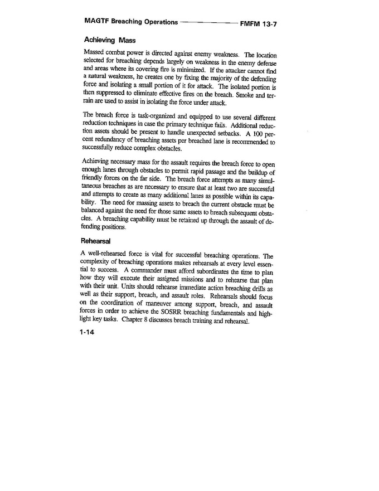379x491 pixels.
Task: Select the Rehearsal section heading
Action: (98, 242)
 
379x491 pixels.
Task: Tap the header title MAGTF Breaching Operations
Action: (131, 22)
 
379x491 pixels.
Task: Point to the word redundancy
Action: (112, 143)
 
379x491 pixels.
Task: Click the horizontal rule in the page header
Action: (208, 23)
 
